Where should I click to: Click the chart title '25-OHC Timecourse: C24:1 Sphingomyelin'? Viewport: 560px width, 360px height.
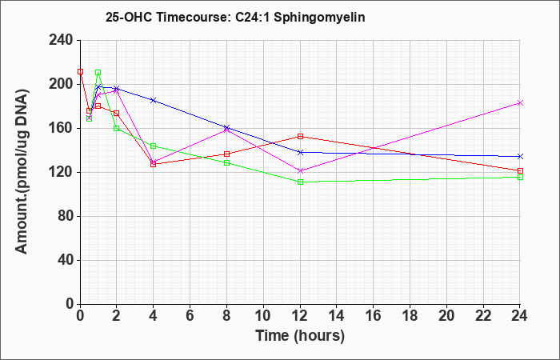click(235, 17)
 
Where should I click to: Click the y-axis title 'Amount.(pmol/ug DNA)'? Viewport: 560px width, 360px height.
click(22, 172)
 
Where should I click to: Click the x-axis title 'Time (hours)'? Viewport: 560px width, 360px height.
click(300, 336)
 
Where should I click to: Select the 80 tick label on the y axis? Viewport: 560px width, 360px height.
click(65, 217)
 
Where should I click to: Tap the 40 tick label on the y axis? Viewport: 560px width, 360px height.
click(65, 260)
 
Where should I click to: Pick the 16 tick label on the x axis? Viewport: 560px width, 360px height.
click(374, 316)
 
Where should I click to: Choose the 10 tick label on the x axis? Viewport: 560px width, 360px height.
click(263, 316)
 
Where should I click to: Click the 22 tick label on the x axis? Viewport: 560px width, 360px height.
click(483, 316)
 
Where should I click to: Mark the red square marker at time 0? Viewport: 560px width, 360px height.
click(80, 71)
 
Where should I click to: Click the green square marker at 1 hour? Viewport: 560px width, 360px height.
click(98, 73)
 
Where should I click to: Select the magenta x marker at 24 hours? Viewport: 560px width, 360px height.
click(520, 103)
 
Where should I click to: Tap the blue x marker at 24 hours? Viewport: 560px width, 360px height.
click(520, 157)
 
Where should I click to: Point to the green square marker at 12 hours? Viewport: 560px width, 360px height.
click(300, 182)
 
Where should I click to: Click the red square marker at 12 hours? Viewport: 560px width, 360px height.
click(300, 136)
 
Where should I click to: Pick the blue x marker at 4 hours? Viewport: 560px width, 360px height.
click(154, 100)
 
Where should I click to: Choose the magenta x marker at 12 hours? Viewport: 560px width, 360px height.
click(300, 170)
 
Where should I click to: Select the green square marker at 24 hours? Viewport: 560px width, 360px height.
click(520, 177)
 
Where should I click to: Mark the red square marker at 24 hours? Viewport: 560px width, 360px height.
click(520, 170)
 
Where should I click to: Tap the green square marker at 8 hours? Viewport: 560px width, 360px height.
click(226, 163)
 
